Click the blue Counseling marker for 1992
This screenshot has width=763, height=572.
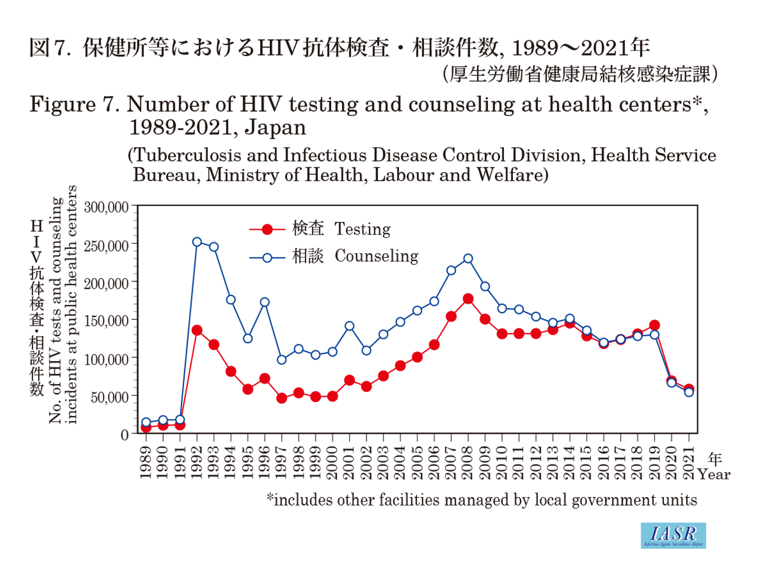197,242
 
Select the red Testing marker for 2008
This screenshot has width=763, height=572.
468,299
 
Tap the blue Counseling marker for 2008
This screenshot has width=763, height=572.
468,259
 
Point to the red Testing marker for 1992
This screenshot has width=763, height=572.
197,330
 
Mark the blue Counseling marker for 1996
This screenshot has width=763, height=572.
265,302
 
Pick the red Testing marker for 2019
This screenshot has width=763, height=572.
654,325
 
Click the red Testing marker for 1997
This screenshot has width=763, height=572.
282,398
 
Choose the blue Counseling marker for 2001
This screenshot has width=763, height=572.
349,326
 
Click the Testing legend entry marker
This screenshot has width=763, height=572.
268,229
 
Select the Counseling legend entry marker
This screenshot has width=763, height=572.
268,258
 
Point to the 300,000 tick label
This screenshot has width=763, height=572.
107,207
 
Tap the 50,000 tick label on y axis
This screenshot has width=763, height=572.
110,397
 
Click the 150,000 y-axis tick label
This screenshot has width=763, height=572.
107,321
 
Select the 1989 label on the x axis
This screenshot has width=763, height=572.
146,462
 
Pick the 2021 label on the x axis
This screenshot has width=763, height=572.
689,462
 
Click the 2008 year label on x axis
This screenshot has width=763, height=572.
468,462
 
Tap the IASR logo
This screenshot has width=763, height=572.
673,535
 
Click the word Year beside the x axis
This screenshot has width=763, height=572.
714,475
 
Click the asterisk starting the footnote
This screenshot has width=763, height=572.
270,498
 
